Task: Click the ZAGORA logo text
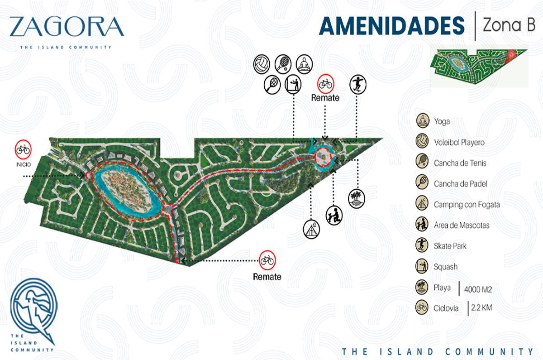coord(66,27)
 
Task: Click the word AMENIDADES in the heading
coord(392,26)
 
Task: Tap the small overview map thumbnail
coord(479,68)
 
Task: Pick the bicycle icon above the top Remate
coord(325,83)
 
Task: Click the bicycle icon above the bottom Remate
coord(267,260)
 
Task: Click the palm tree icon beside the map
coord(357,198)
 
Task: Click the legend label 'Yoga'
coord(443,121)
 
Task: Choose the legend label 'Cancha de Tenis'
coord(460,163)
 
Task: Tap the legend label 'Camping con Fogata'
coord(467,205)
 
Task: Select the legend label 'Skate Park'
coord(450,246)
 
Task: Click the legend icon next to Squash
coord(422,267)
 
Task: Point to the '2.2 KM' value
coord(481,308)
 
